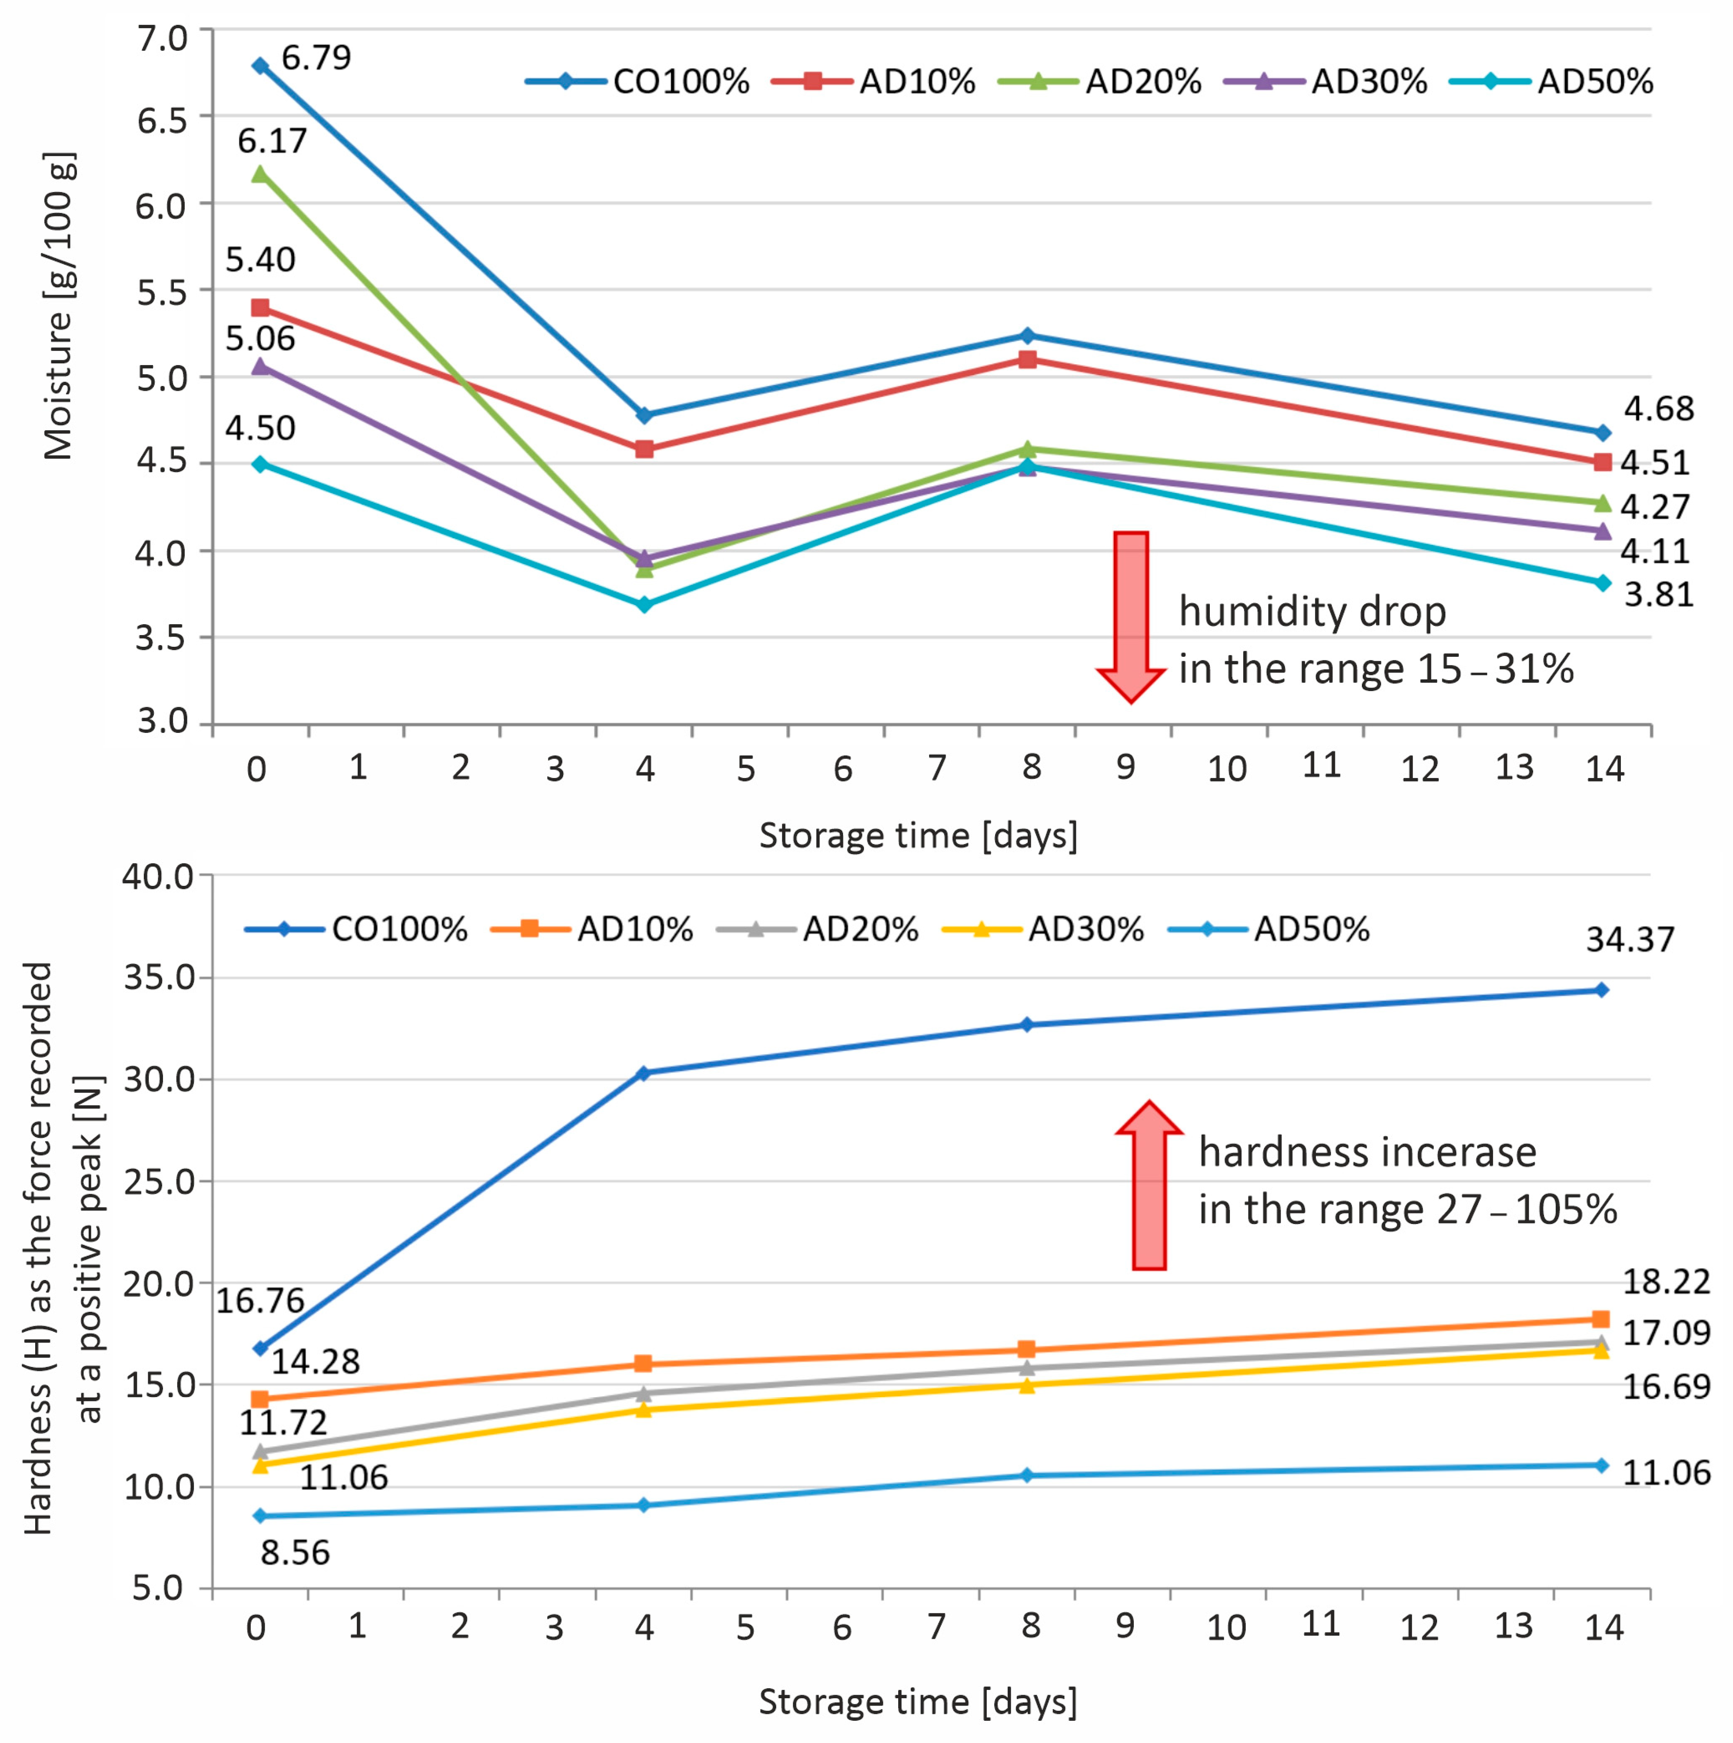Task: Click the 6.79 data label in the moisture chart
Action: click(316, 58)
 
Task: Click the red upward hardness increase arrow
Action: click(1149, 1184)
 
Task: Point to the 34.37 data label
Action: click(1629, 939)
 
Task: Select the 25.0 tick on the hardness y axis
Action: click(159, 1181)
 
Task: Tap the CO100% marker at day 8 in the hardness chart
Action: click(1026, 1025)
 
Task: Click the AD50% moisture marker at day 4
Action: click(644, 605)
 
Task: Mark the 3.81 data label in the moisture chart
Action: click(1658, 595)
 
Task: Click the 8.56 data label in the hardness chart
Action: click(295, 1553)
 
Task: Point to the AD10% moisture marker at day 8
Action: click(1026, 359)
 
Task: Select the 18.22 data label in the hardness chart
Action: click(1665, 1281)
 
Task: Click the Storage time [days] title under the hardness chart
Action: click(917, 1702)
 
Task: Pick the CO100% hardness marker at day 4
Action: click(643, 1074)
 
